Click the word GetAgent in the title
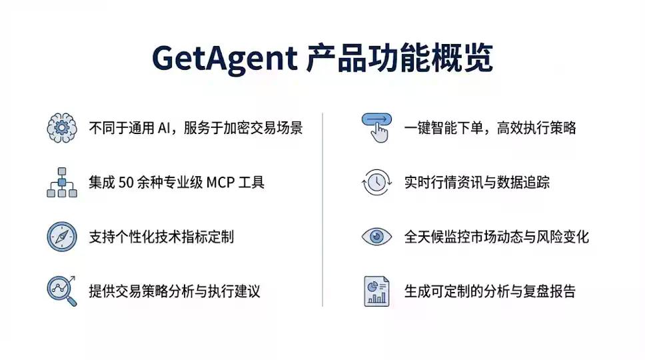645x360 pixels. click(x=225, y=59)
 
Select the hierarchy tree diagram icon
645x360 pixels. click(x=61, y=182)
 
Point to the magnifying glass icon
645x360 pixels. click(x=61, y=291)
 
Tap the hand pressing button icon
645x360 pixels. click(x=376, y=127)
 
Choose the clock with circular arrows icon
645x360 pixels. click(x=376, y=182)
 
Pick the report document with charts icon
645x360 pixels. click(x=376, y=291)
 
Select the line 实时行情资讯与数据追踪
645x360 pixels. click(x=476, y=182)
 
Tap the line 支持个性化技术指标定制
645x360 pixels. click(x=161, y=237)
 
